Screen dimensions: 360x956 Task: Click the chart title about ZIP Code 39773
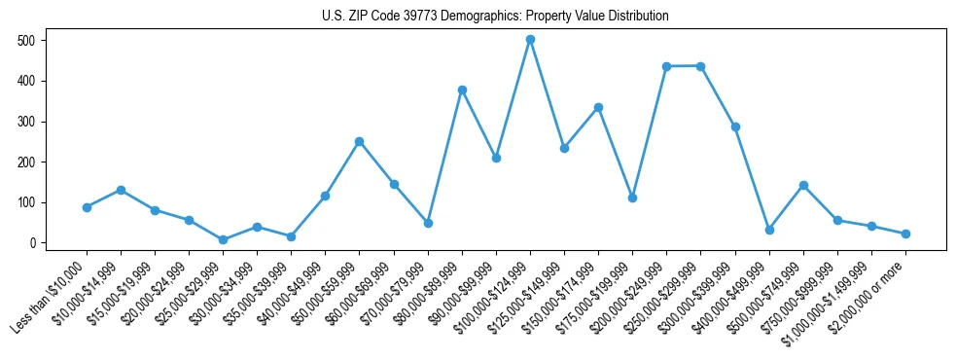tap(495, 17)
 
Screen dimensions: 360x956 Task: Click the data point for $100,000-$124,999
tap(530, 40)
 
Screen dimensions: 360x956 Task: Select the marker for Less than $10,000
tap(87, 207)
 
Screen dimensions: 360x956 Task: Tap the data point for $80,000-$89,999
tap(462, 90)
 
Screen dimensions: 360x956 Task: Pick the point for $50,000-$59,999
tap(360, 141)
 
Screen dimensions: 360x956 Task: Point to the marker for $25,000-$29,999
tap(223, 239)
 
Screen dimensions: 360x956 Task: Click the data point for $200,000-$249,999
tap(666, 66)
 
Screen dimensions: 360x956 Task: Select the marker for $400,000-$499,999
tap(769, 230)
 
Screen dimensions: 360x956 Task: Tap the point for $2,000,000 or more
tap(905, 234)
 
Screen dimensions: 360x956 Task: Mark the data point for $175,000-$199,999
tap(632, 198)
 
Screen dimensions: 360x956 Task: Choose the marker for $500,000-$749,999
tap(803, 185)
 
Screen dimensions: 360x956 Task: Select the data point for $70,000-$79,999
tap(428, 223)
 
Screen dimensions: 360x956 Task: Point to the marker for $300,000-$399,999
tap(735, 126)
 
